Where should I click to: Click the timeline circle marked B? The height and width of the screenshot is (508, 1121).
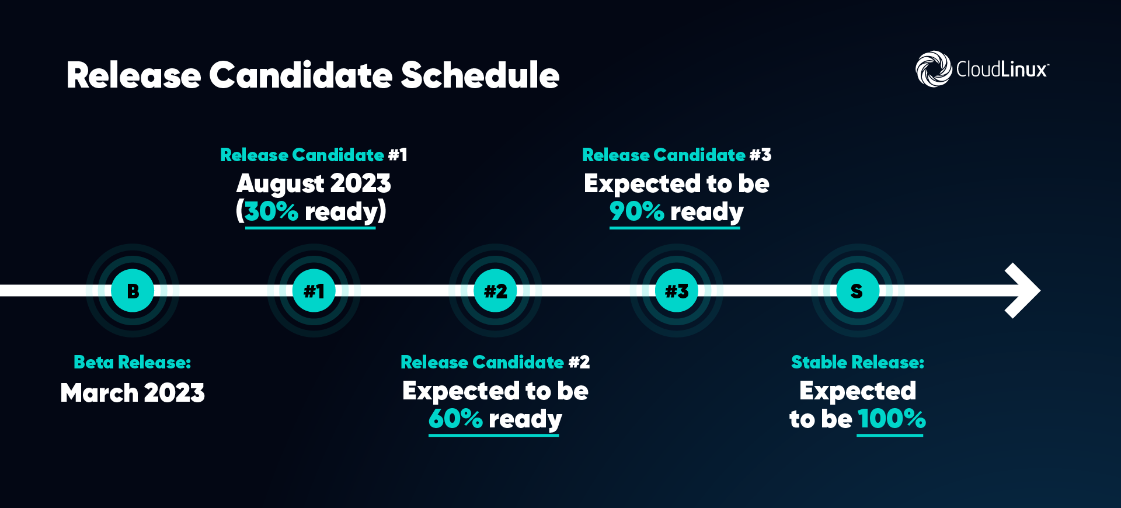coord(133,290)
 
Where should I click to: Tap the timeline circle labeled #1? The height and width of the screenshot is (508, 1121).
coord(314,290)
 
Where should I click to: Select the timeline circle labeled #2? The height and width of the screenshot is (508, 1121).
coord(495,290)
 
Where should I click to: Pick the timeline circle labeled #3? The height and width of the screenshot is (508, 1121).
coord(677,290)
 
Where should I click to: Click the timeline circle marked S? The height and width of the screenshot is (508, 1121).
coord(857,290)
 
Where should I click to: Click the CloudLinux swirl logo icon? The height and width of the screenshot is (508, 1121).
coord(934,69)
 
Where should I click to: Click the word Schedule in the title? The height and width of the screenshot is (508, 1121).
coord(480,75)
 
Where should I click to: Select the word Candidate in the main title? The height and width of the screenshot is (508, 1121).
coord(301,75)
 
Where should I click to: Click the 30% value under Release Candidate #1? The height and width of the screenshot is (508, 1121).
coord(271,211)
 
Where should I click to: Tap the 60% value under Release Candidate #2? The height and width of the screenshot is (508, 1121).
coord(455,419)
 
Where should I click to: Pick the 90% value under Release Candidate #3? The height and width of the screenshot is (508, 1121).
coord(636,211)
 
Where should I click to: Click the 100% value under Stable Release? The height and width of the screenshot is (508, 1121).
coord(892,419)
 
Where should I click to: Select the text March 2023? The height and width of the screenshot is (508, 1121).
coord(133,393)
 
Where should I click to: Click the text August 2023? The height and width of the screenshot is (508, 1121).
coord(314,183)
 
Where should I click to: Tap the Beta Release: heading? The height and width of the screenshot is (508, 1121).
coord(133,363)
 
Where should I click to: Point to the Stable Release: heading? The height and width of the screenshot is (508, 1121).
coord(857,363)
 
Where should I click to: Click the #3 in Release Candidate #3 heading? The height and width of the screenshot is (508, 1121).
coord(760,155)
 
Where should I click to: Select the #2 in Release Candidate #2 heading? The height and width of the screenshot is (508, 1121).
coord(579,363)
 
